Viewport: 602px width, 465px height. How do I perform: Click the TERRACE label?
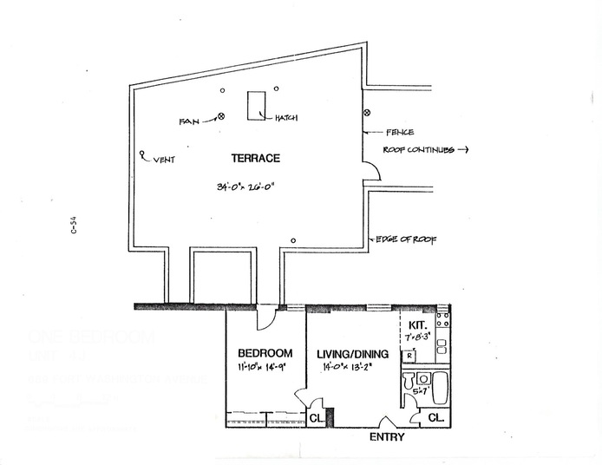255,159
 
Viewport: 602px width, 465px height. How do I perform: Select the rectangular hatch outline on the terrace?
257,106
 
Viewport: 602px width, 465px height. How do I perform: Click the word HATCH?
287,120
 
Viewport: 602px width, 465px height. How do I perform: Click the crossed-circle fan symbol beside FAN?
221,116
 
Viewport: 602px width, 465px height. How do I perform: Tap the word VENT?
163,160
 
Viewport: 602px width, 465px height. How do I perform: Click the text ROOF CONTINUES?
420,150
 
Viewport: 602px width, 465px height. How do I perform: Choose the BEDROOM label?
265,354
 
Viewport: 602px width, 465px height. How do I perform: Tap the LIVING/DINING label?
350,354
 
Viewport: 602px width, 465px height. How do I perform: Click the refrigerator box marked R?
408,356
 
